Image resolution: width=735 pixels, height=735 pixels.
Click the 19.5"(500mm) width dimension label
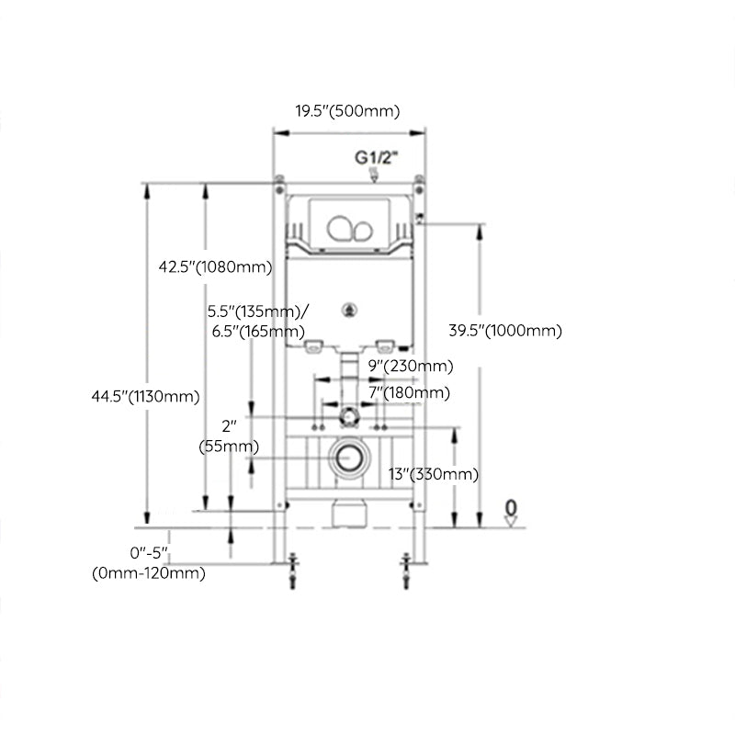pos(347,111)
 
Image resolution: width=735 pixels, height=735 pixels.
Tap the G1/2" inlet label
pos(377,157)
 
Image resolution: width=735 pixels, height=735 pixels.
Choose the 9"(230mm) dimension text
pos(410,366)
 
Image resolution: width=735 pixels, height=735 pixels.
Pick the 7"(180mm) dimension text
pos(410,392)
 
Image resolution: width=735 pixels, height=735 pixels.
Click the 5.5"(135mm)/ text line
pos(258,311)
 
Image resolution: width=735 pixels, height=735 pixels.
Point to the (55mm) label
pos(229,447)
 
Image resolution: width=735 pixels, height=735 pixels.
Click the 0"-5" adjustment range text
pos(150,554)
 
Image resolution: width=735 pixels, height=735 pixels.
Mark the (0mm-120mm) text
pos(148,573)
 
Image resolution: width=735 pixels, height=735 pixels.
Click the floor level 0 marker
pos(512,508)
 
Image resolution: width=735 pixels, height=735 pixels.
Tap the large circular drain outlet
pos(348,456)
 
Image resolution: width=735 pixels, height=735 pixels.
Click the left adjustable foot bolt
pos(292,570)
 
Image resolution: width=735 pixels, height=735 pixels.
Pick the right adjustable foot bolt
pos(404,570)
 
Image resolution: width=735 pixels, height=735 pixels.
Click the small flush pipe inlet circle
pos(347,415)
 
